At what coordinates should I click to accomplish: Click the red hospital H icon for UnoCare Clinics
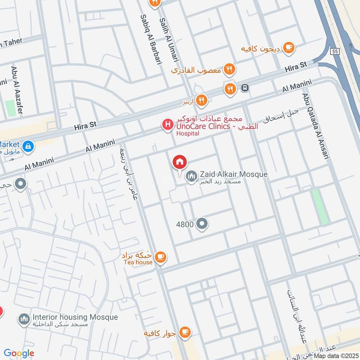click(167, 125)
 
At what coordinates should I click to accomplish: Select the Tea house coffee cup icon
click(160, 257)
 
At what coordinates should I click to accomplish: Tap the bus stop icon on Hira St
click(245, 88)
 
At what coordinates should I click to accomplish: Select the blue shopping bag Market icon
click(28, 146)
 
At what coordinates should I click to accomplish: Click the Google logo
click(19, 354)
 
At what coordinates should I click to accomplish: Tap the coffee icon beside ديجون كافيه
click(288, 47)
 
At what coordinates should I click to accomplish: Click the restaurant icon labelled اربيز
click(201, 100)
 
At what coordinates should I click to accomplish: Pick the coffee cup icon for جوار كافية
click(184, 333)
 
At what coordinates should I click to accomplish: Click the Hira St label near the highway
click(296, 68)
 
